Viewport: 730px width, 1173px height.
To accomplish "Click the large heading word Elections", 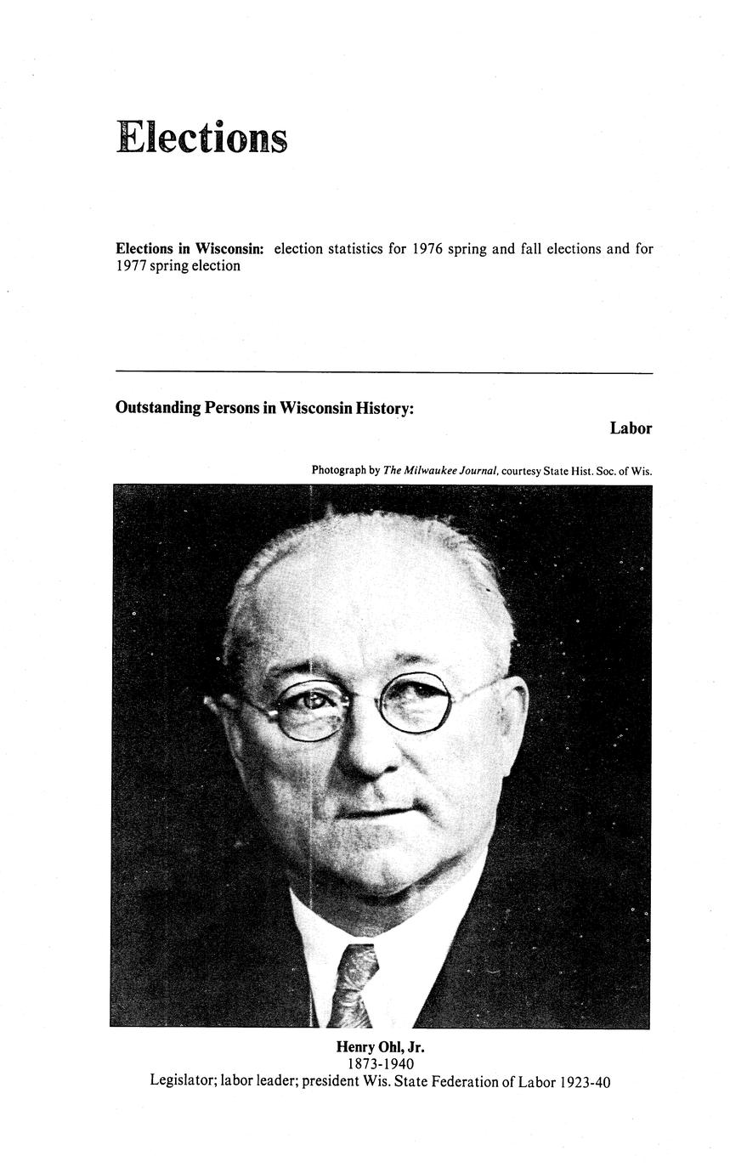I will pos(201,138).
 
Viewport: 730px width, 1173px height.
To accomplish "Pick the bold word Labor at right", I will pos(631,428).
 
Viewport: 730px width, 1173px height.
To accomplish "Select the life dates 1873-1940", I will pos(380,1064).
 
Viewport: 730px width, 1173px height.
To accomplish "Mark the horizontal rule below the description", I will pos(383,372).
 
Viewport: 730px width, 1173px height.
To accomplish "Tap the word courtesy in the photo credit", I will pos(525,470).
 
